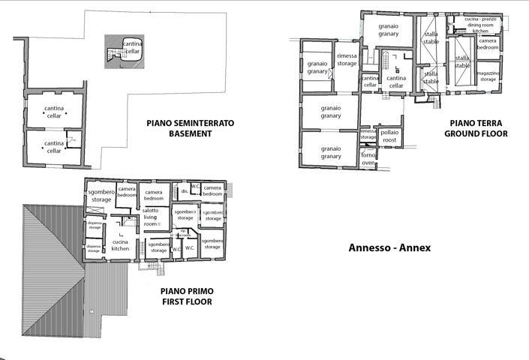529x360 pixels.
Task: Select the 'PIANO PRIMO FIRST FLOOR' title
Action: pos(186,296)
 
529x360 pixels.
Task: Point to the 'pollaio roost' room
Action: pos(390,136)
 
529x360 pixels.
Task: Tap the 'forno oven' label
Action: pos(368,158)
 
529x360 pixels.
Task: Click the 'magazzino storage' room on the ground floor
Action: pos(488,75)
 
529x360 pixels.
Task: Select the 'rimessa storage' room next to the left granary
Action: pos(347,60)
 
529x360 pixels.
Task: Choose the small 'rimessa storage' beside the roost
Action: pos(368,134)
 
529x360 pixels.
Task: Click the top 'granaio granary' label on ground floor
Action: pos(388,30)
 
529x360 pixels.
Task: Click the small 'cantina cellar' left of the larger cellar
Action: pos(370,81)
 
